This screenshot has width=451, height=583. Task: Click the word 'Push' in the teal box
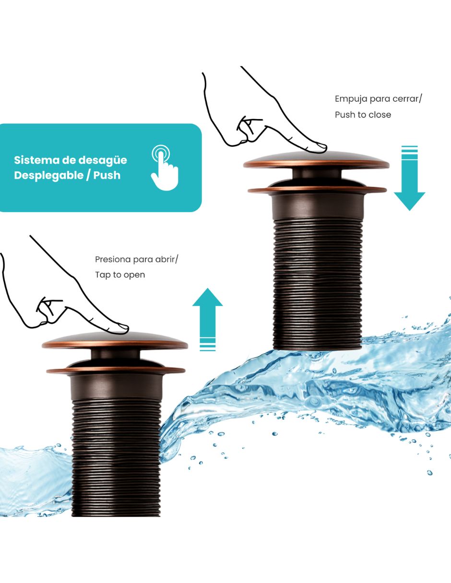point(107,175)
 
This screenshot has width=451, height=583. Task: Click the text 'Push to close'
point(363,115)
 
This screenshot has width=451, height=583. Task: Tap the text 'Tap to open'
point(120,275)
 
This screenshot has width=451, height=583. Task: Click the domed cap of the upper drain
point(316,160)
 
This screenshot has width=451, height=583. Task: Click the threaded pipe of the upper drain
point(318,283)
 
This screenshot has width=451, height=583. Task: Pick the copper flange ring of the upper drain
point(317,190)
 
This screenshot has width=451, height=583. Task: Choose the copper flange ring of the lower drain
point(116,371)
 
